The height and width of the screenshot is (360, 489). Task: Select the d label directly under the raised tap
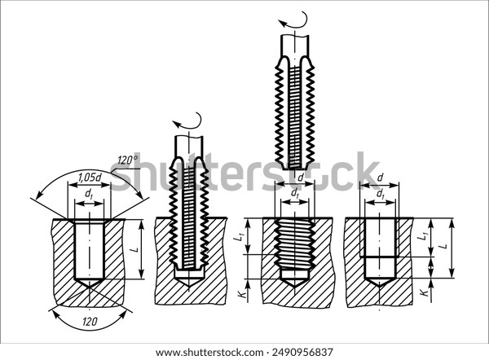(301, 176)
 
